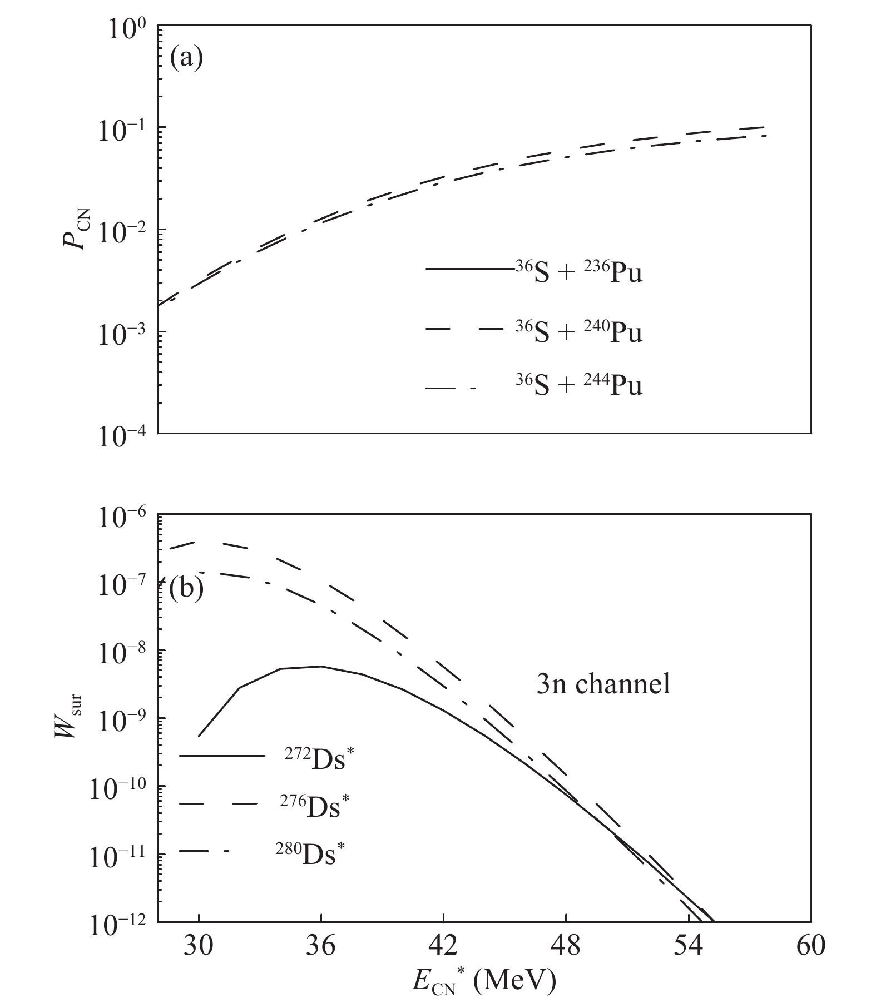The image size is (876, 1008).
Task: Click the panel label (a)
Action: point(186,57)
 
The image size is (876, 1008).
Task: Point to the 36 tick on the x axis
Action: point(321,945)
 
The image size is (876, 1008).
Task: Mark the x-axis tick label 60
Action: point(810,945)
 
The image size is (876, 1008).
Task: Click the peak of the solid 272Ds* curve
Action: point(320,666)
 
